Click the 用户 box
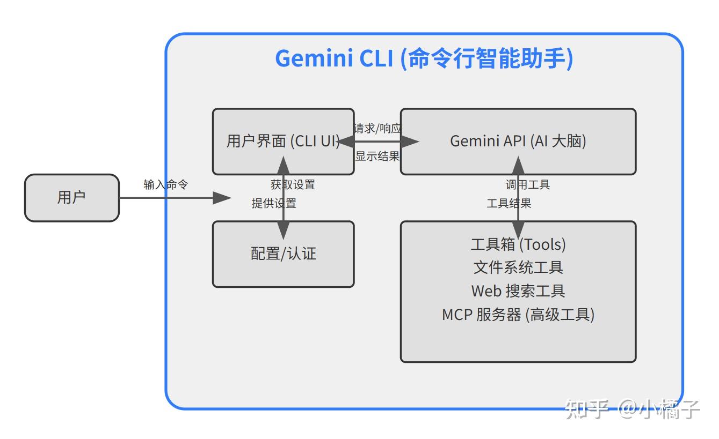[71, 198]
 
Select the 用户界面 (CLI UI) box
[283, 142]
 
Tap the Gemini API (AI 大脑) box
[518, 142]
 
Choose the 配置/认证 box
[283, 254]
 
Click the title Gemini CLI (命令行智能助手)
[424, 58]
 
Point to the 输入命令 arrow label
[166, 184]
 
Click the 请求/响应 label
[377, 129]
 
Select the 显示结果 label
[377, 156]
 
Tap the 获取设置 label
[293, 185]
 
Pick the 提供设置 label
[274, 203]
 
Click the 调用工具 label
[527, 185]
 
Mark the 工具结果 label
[509, 203]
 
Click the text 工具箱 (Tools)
[518, 244]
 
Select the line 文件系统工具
[518, 267]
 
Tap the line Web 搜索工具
[518, 291]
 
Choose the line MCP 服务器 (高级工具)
[518, 314]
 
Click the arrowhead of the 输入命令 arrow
[222, 198]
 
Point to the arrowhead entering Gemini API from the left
[410, 142]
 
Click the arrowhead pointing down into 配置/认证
[283, 230]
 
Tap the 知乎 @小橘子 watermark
[633, 410]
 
